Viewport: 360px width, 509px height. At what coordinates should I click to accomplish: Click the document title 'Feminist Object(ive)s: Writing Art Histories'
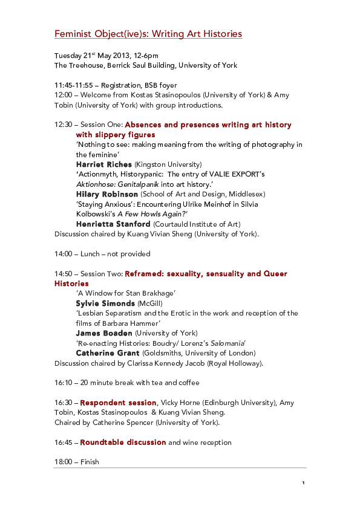[148, 34]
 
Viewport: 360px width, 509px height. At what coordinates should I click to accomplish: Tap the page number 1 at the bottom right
[303, 482]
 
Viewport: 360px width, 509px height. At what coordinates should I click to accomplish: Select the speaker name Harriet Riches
[103, 164]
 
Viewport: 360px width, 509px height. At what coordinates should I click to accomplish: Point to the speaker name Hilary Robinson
[107, 194]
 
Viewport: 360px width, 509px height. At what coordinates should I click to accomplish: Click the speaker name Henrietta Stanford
[113, 224]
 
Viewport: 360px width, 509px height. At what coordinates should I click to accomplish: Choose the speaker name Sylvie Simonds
[105, 303]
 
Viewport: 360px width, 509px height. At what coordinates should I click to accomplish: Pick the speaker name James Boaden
[103, 332]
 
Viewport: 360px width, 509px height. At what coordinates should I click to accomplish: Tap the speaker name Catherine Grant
[108, 352]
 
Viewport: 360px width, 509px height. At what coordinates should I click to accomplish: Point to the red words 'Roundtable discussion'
[123, 443]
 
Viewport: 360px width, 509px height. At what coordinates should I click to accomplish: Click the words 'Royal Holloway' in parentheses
[234, 363]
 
